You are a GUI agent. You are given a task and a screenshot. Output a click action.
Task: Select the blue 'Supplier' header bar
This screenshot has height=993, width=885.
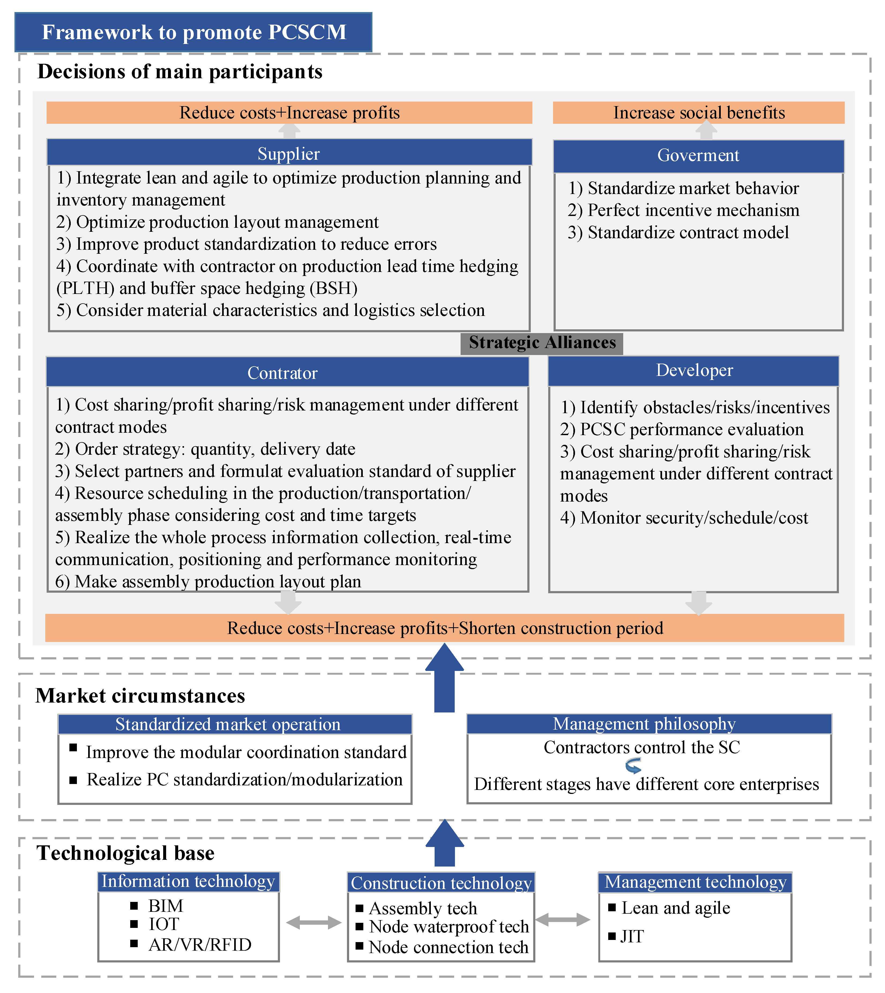click(x=289, y=153)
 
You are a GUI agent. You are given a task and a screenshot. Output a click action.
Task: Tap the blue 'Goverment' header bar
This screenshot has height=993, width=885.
click(x=698, y=156)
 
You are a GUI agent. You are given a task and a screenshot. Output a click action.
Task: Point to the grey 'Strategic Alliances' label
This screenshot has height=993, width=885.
click(x=542, y=343)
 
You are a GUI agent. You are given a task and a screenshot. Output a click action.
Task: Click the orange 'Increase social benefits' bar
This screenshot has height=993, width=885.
click(x=698, y=113)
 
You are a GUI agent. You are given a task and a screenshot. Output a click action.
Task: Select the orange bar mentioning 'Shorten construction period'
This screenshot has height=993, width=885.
click(x=445, y=628)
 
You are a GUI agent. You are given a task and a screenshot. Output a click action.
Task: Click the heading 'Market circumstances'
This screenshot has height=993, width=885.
click(x=140, y=696)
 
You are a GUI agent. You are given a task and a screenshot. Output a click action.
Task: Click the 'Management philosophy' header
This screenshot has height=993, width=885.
click(x=644, y=724)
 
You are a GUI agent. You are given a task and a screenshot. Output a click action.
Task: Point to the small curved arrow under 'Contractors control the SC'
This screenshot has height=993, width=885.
click(x=633, y=766)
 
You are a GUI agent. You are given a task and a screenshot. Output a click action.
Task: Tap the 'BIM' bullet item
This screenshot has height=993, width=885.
click(x=165, y=906)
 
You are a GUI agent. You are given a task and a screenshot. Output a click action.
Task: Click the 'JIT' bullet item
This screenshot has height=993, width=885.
click(x=632, y=936)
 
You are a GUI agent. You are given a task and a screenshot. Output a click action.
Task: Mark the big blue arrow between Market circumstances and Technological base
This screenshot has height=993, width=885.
click(x=445, y=844)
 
